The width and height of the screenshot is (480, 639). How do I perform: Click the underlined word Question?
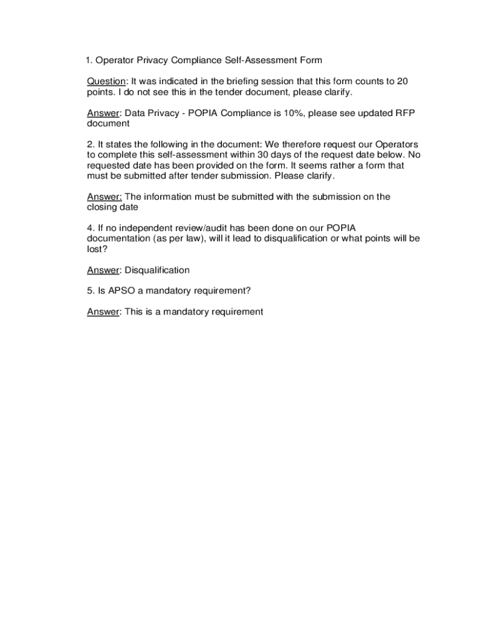pyautogui.click(x=107, y=82)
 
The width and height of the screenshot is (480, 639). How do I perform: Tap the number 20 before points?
pyautogui.click(x=402, y=82)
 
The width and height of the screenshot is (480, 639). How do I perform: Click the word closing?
pyautogui.click(x=101, y=207)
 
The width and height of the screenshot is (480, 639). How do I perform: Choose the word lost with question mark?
pyautogui.click(x=97, y=249)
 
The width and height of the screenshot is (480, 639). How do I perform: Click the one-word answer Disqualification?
pyautogui.click(x=157, y=270)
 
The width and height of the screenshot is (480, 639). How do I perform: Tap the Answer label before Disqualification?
pyautogui.click(x=103, y=270)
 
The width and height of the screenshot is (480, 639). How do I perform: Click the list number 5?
pyautogui.click(x=90, y=291)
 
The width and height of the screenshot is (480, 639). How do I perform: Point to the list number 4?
pyautogui.click(x=90, y=228)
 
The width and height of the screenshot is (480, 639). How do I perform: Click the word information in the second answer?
pyautogui.click(x=166, y=197)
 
